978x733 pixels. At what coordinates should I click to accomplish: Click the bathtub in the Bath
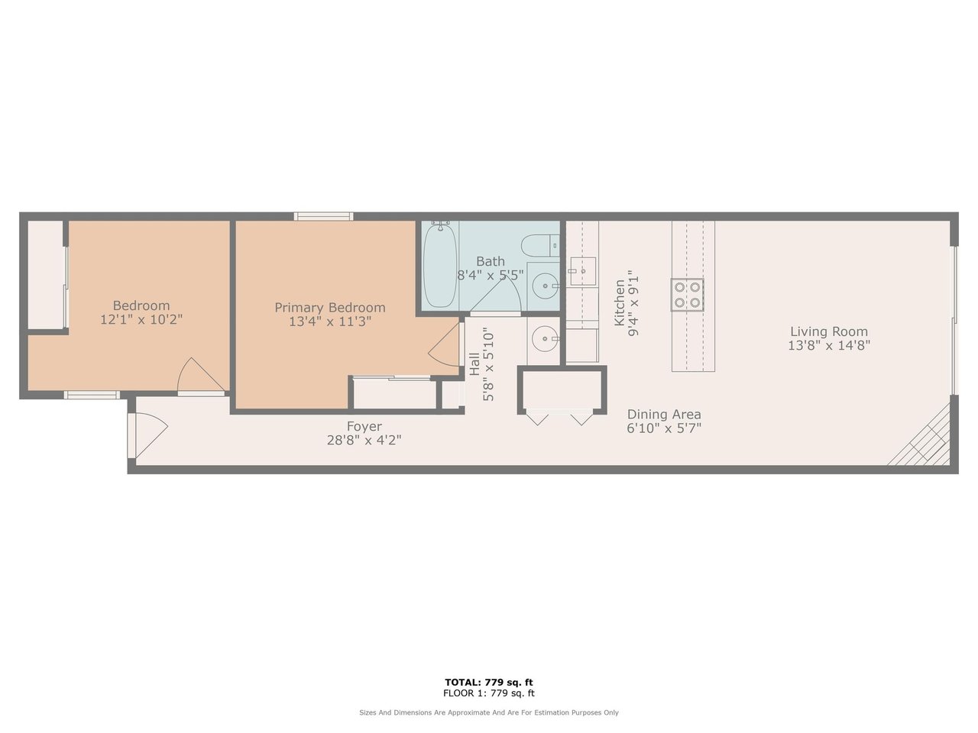(x=440, y=265)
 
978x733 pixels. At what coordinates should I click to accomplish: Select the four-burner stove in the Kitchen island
(x=688, y=295)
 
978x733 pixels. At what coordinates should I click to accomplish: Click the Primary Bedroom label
(x=330, y=308)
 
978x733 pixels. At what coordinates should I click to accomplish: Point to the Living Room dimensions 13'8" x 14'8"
(x=829, y=345)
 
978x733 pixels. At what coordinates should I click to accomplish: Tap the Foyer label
(x=364, y=426)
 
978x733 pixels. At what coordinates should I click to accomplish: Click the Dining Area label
(x=664, y=415)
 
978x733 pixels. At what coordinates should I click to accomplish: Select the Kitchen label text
(x=620, y=302)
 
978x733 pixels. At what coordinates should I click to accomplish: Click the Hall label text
(x=474, y=364)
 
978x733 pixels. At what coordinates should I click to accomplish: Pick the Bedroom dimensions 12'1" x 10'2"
(x=141, y=320)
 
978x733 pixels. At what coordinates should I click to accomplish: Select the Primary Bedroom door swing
(x=444, y=344)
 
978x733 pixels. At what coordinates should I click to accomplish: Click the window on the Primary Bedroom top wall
(x=323, y=217)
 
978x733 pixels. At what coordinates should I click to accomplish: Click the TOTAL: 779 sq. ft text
(x=489, y=682)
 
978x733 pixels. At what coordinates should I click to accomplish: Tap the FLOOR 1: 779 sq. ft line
(x=489, y=693)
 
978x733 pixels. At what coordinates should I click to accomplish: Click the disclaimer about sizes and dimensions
(x=489, y=712)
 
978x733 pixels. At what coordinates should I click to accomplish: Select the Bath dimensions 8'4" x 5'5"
(x=490, y=275)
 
